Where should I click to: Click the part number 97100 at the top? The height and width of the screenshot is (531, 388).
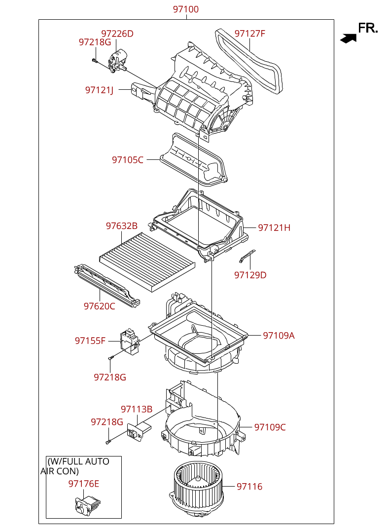tap(186, 9)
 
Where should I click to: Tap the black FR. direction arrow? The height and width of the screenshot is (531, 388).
tap(349, 38)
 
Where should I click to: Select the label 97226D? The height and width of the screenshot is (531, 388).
tap(117, 34)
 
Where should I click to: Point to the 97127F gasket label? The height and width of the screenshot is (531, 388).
tap(250, 34)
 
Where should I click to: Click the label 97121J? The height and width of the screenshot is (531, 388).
tap(99, 90)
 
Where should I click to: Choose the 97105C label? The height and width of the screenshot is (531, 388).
tap(128, 160)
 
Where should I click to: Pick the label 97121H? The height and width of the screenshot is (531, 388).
tap(274, 228)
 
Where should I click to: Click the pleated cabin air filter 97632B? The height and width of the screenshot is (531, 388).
tap(147, 262)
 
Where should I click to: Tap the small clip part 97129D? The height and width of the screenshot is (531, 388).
tap(247, 256)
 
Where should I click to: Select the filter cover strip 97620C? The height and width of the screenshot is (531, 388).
tap(106, 285)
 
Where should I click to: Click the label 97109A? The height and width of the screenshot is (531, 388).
tap(279, 335)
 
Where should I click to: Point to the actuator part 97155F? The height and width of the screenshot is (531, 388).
tap(130, 341)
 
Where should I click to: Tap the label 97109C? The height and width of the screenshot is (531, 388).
tap(270, 427)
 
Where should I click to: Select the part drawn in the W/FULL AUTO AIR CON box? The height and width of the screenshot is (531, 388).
tap(88, 505)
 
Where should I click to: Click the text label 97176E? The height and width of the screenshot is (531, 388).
tap(84, 484)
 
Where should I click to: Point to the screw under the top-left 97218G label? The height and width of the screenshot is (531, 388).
tap(94, 61)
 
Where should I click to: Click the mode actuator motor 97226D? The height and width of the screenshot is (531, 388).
tap(117, 61)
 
